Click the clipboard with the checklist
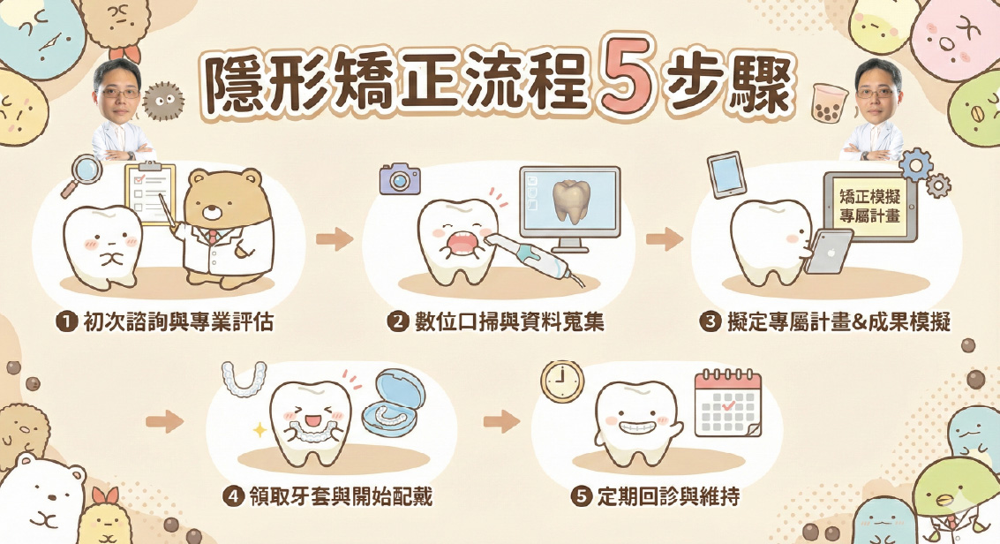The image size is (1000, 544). (x=151, y=193)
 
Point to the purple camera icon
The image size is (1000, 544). (x=400, y=178)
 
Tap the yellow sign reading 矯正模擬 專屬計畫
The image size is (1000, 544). (x=869, y=207)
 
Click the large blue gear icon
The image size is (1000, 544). (x=916, y=166)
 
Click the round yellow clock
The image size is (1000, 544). (x=562, y=382)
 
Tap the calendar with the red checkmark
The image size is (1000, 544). (x=727, y=404)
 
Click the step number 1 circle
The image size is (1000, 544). (x=66, y=321)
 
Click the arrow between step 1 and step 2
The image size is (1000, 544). (x=335, y=239)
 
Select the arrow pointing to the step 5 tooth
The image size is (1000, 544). (x=501, y=421)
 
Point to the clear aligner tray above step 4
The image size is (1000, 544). (x=243, y=379)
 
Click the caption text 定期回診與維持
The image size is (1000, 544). (x=668, y=496)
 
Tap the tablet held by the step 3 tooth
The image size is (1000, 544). (x=828, y=252)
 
